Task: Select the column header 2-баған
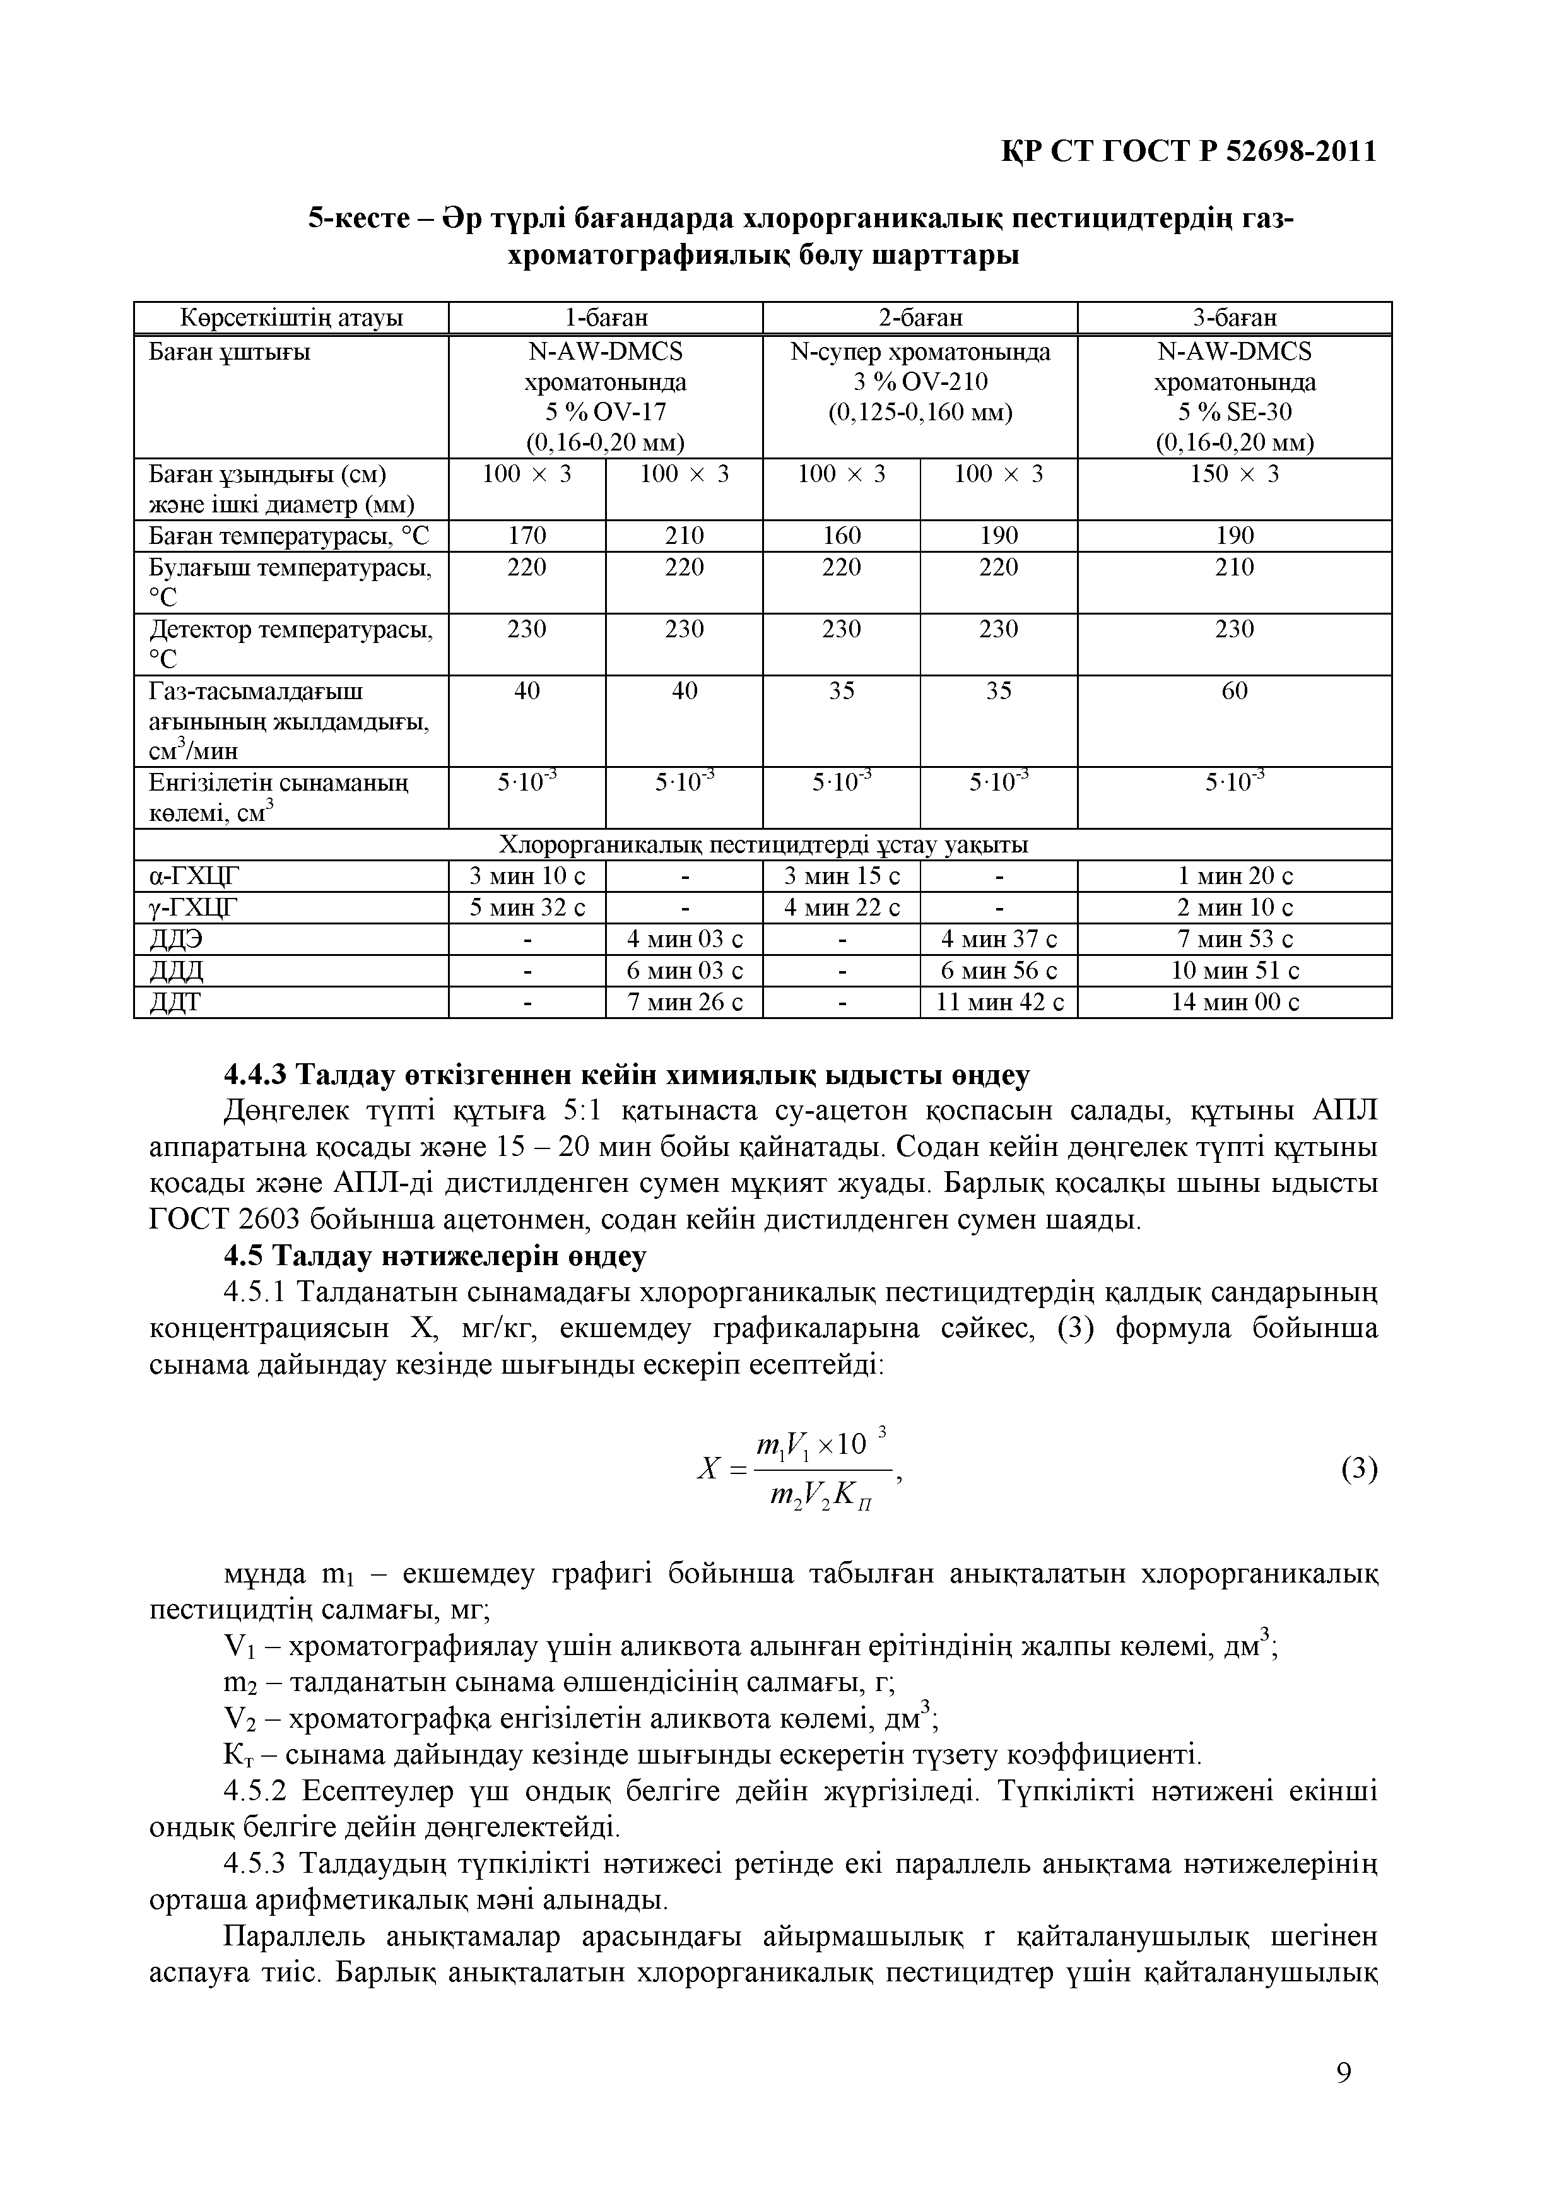click(x=920, y=318)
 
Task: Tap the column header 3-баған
click(x=1235, y=318)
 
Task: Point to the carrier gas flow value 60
click(x=1235, y=692)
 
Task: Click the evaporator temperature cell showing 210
click(x=1235, y=567)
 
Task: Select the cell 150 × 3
click(x=1235, y=474)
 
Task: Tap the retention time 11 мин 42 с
click(x=999, y=1003)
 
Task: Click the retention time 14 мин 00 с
click(x=1235, y=1003)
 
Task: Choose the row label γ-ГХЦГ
click(x=194, y=907)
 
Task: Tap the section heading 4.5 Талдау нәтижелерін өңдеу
click(x=435, y=1257)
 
